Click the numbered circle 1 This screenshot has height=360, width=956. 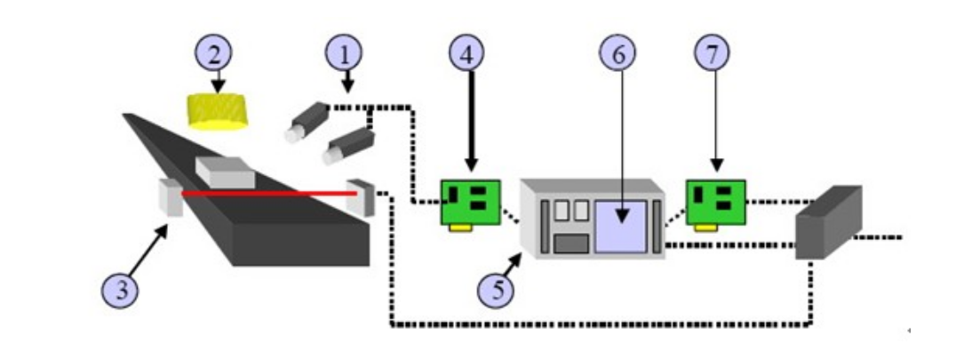(x=345, y=52)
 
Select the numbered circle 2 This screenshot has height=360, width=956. (x=214, y=52)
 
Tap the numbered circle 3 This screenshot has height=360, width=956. (x=119, y=289)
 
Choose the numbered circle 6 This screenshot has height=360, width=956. (x=618, y=52)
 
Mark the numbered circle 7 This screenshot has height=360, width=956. (x=712, y=52)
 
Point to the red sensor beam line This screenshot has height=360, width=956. (x=267, y=191)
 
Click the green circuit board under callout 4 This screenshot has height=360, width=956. (x=470, y=204)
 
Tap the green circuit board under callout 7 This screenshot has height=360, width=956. (x=715, y=204)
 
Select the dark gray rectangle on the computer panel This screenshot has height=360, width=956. (x=570, y=243)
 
